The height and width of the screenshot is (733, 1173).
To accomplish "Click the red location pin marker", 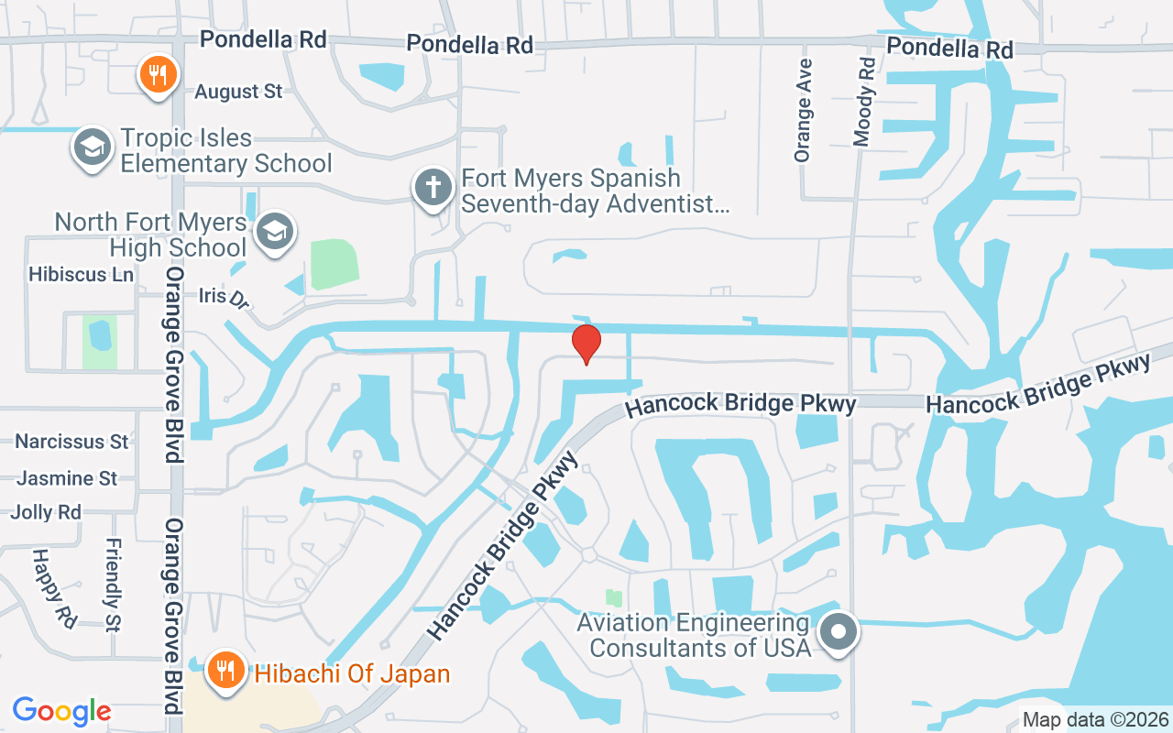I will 586,344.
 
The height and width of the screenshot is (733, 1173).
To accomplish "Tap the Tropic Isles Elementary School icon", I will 93,148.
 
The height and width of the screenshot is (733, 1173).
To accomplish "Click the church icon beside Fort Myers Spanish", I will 433,188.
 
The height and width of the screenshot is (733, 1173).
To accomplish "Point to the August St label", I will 238,92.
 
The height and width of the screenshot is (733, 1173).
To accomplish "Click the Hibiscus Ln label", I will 81,274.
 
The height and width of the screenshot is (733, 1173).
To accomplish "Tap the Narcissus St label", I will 71,442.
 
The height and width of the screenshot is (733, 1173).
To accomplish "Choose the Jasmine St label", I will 67,478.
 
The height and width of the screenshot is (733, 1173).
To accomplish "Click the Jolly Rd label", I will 46,512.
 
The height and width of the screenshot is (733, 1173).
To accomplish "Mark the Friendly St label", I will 113,585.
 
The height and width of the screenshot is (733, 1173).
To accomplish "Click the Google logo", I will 61,710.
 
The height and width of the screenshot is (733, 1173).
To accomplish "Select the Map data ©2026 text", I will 1095,720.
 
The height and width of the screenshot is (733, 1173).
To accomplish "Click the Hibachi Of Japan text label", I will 352,674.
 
